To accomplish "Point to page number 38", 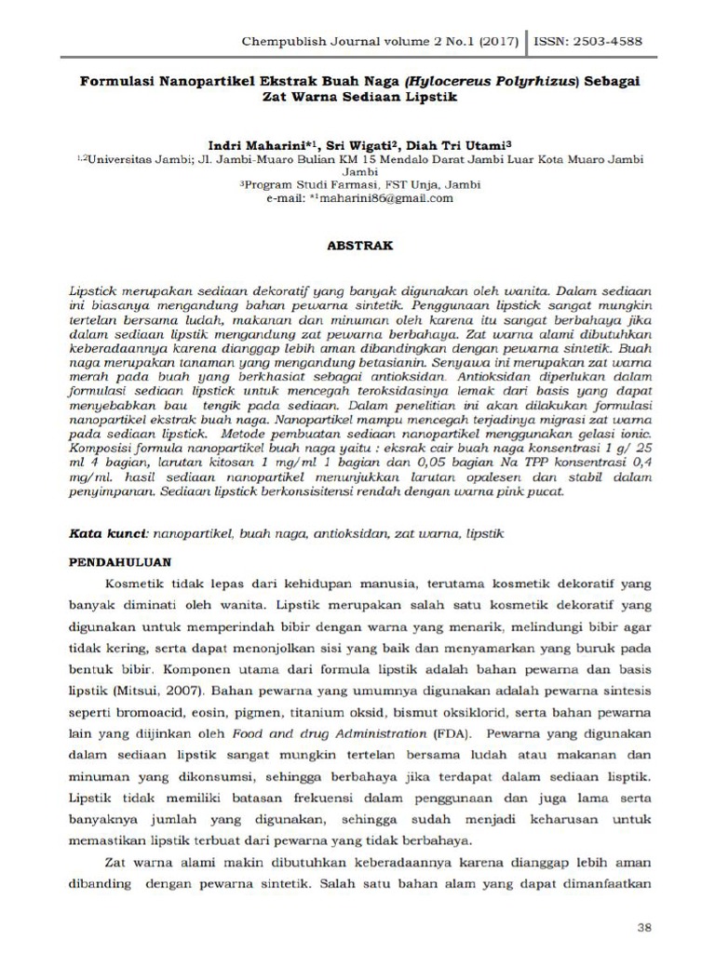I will (x=643, y=928).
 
